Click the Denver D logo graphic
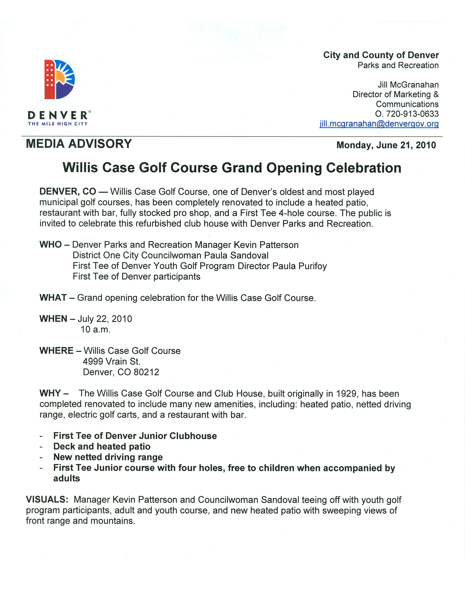(x=59, y=79)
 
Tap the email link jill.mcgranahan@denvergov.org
(x=379, y=124)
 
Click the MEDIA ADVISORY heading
(x=79, y=144)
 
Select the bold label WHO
(x=50, y=244)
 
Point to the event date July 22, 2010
(x=105, y=319)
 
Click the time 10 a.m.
(x=95, y=329)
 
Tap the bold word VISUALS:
(x=47, y=499)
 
